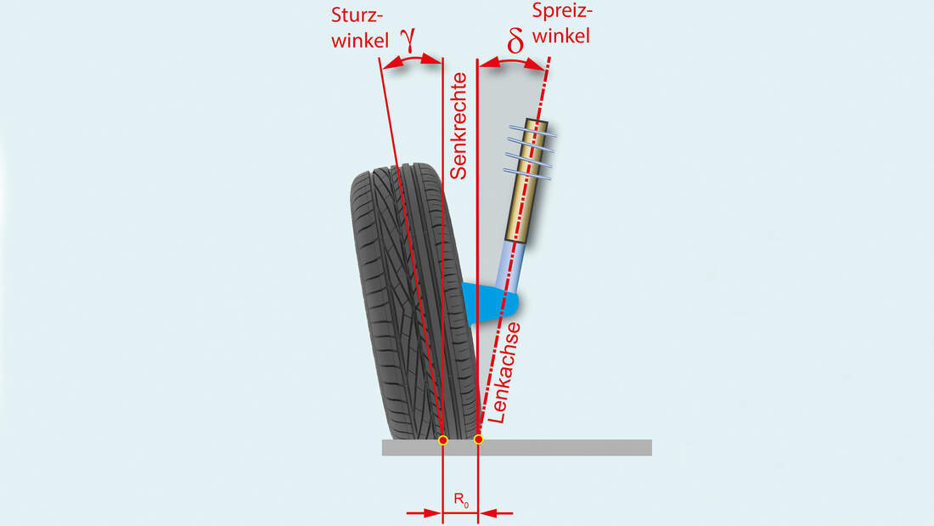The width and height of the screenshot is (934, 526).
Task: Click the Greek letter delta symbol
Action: (515, 42)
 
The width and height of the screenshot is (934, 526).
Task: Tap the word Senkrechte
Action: (459, 126)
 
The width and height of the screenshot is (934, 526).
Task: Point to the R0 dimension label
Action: (460, 501)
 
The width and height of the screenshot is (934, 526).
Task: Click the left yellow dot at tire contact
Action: (442, 440)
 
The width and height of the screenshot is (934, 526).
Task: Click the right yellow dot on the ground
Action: (479, 439)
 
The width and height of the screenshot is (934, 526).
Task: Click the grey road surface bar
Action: (577, 448)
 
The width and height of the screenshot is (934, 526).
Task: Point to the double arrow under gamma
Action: (413, 63)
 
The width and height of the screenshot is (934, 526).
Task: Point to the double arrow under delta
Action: (513, 63)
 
